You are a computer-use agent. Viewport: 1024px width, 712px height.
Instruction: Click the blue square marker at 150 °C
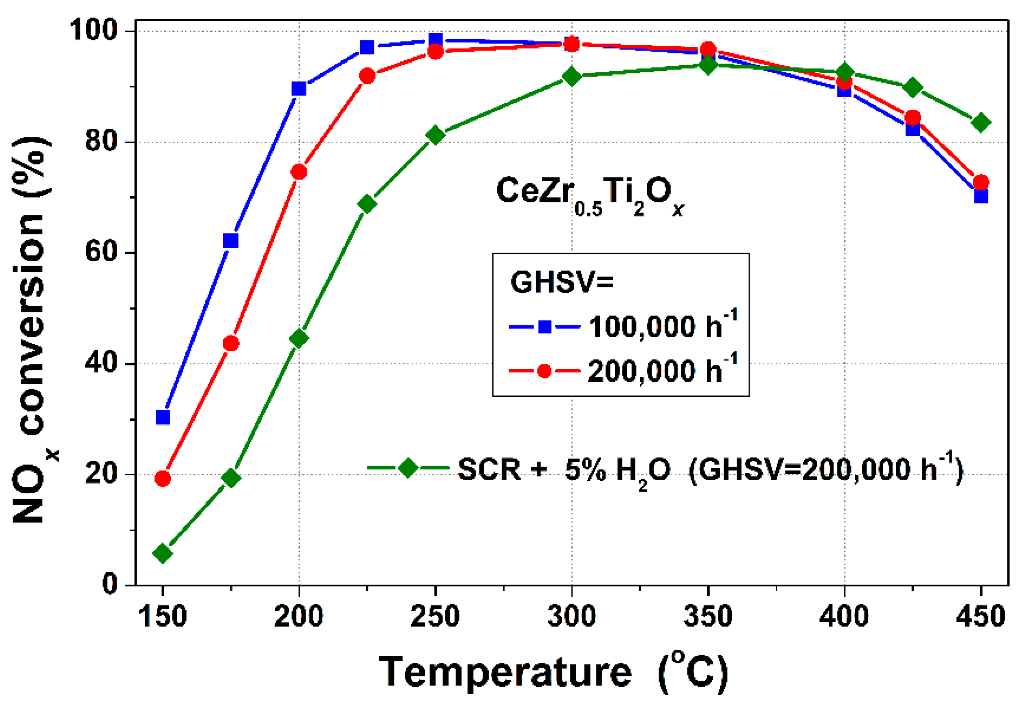(x=163, y=417)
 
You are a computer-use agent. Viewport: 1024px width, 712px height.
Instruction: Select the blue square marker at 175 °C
(x=231, y=241)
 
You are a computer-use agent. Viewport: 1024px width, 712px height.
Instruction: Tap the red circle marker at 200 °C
(x=299, y=172)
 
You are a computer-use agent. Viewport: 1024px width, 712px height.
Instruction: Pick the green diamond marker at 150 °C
(x=163, y=553)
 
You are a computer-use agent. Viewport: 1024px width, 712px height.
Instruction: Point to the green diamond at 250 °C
(x=435, y=135)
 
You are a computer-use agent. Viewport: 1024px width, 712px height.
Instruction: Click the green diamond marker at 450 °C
(x=981, y=122)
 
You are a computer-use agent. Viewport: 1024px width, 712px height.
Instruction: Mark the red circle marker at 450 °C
(x=981, y=182)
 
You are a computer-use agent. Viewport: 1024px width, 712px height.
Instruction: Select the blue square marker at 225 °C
(x=367, y=47)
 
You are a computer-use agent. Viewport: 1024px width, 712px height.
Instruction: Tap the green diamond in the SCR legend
(x=408, y=468)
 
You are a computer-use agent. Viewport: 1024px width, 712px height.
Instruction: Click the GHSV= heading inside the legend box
(x=562, y=282)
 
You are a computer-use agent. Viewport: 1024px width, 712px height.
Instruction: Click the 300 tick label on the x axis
(x=572, y=617)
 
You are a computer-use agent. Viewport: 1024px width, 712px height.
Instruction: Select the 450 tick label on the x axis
(x=981, y=617)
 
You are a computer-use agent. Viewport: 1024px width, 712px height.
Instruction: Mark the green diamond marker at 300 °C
(x=572, y=76)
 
